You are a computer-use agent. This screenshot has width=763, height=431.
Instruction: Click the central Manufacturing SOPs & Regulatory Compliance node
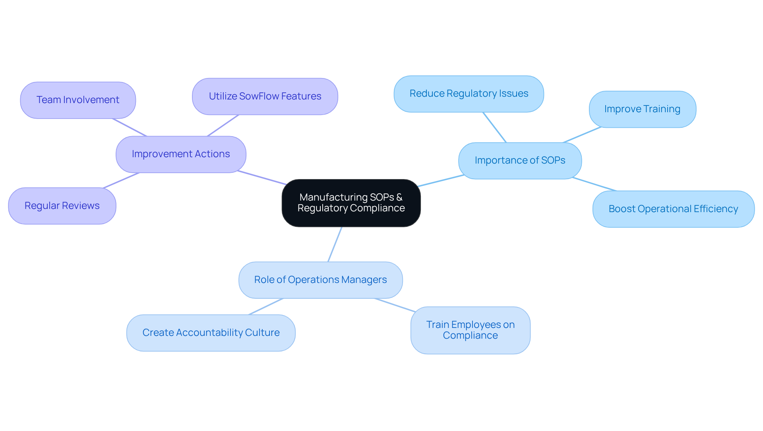[x=351, y=203]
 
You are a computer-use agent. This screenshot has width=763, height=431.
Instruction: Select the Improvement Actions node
[x=181, y=154]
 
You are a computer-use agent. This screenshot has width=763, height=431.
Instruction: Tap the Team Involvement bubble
[x=78, y=100]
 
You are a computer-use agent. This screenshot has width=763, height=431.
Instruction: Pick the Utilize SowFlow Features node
[x=265, y=97]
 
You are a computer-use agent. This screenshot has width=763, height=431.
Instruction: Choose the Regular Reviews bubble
[x=62, y=206]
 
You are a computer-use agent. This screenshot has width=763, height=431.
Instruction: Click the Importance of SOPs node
[x=520, y=161]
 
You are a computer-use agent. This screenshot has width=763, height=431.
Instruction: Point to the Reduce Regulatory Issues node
[x=469, y=94]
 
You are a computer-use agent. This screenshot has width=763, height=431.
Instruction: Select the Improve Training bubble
[x=642, y=109]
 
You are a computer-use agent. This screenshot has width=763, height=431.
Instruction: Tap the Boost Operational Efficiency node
[x=673, y=209]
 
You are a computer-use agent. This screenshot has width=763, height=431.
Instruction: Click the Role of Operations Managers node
[x=320, y=280]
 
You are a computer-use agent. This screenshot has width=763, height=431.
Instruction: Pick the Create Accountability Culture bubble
[x=211, y=333]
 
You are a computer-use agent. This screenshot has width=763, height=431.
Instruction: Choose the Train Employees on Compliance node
[x=470, y=330]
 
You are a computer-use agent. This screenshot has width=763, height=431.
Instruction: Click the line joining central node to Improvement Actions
[x=262, y=178]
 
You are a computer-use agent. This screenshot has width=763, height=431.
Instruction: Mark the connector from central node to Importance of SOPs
[x=440, y=181]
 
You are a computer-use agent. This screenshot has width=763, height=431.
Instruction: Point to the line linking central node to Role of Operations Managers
[x=335, y=244]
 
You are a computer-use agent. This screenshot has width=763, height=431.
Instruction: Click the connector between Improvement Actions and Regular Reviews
[x=121, y=180]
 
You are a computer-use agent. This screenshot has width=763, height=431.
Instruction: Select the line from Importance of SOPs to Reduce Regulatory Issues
[x=494, y=127]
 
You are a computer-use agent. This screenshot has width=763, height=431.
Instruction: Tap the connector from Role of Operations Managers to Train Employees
[x=395, y=305]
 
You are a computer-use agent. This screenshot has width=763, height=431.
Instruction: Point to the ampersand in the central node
[x=399, y=197]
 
